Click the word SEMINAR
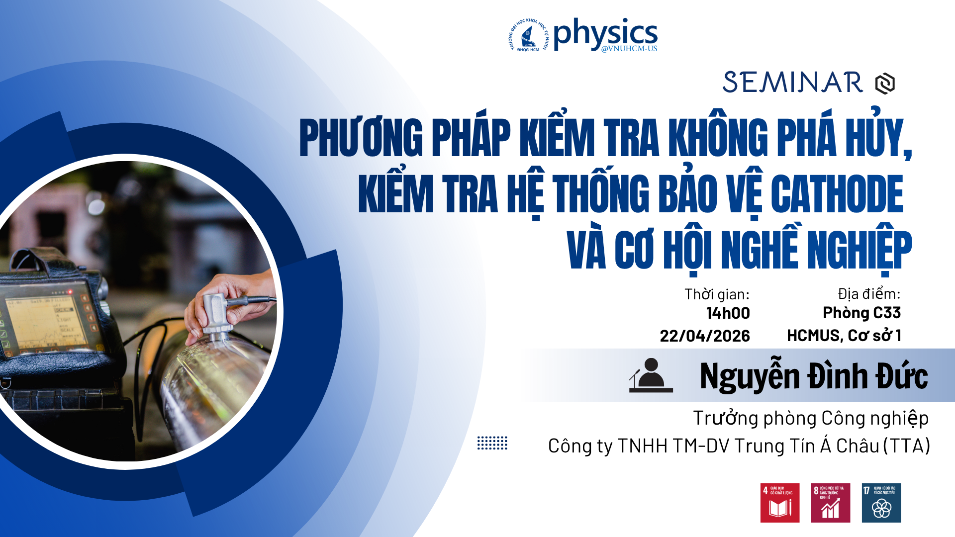click(x=792, y=83)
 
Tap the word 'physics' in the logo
click(x=605, y=34)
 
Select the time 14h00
click(x=728, y=313)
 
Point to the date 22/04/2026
click(x=704, y=336)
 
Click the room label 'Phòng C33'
click(x=861, y=313)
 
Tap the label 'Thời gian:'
click(x=716, y=294)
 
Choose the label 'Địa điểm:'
click(x=868, y=294)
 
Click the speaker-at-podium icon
click(x=651, y=376)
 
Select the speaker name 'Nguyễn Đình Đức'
click(x=813, y=376)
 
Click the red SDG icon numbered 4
click(x=779, y=503)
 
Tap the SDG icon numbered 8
click(x=830, y=503)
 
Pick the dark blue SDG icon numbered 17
click(x=881, y=503)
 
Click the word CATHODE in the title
click(x=837, y=194)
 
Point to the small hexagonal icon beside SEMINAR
click(x=885, y=84)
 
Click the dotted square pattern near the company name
click(x=492, y=443)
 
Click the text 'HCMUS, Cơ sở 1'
click(x=844, y=336)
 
